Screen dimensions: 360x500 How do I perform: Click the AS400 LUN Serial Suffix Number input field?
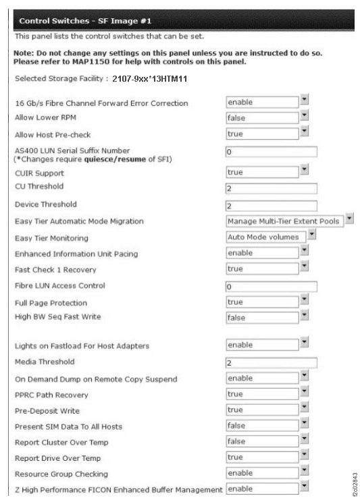[271, 151]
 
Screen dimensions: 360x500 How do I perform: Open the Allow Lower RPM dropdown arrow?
[304, 115]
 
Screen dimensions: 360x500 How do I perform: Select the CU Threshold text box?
[271, 187]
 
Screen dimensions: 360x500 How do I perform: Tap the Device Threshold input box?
[271, 205]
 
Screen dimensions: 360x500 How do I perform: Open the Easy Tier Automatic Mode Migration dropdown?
[284, 221]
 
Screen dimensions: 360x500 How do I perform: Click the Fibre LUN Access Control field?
[271, 286]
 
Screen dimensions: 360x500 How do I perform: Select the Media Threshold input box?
[271, 362]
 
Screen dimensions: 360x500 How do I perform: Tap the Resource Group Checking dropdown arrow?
[304, 472]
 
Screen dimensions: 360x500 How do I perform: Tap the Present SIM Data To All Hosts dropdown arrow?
[304, 425]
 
